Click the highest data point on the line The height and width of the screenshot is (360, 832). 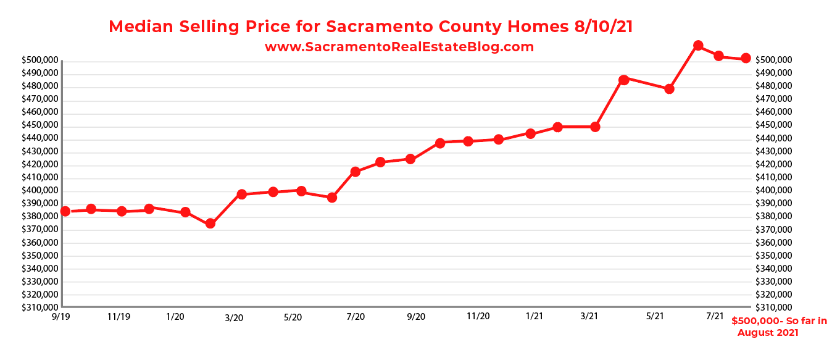click(x=698, y=46)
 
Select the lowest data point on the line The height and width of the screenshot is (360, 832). click(x=210, y=224)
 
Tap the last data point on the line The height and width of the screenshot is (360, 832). click(x=746, y=58)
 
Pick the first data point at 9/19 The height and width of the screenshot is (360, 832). click(x=65, y=211)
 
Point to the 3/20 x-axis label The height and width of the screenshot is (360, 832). click(x=234, y=317)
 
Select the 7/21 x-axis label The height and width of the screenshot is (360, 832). click(x=715, y=316)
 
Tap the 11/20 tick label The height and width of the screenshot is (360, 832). click(x=478, y=316)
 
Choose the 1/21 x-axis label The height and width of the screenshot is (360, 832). click(x=535, y=316)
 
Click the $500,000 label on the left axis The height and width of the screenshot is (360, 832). click(x=40, y=61)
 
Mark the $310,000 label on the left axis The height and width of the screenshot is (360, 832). click(x=40, y=308)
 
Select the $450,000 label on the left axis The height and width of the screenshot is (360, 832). click(x=40, y=125)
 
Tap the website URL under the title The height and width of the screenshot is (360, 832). click(x=399, y=47)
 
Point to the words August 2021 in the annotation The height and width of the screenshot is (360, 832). click(x=768, y=333)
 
